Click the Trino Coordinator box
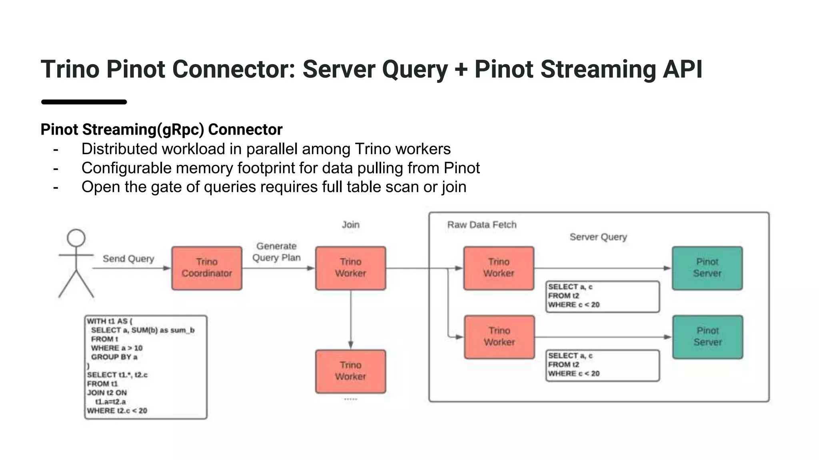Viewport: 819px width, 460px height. pyautogui.click(x=207, y=268)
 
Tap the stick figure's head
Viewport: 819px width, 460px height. pyautogui.click(x=76, y=238)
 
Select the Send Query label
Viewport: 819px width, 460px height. pyautogui.click(x=128, y=259)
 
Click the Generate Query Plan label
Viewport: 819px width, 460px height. pyautogui.click(x=276, y=252)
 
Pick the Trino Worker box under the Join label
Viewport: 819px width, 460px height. pyautogui.click(x=350, y=268)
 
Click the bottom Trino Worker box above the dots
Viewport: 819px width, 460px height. pyautogui.click(x=350, y=371)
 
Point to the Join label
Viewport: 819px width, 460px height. pyautogui.click(x=350, y=225)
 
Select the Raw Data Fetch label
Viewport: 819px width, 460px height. pyautogui.click(x=481, y=225)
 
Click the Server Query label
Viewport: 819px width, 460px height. pyautogui.click(x=598, y=237)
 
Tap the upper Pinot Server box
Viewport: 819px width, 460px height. pyautogui.click(x=707, y=268)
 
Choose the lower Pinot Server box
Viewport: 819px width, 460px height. pyautogui.click(x=707, y=337)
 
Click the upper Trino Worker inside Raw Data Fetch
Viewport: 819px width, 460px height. pyautogui.click(x=499, y=268)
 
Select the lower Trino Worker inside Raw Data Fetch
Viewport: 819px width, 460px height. pyautogui.click(x=499, y=337)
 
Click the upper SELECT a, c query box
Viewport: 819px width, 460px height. pyautogui.click(x=602, y=296)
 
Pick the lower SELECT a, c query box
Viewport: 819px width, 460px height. pyautogui.click(x=602, y=365)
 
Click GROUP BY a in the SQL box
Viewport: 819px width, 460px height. pyautogui.click(x=114, y=357)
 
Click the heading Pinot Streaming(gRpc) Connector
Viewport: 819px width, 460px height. pyautogui.click(x=162, y=129)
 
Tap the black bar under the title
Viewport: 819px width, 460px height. pyautogui.click(x=84, y=102)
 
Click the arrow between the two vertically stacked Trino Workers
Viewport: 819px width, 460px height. pyautogui.click(x=351, y=319)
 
